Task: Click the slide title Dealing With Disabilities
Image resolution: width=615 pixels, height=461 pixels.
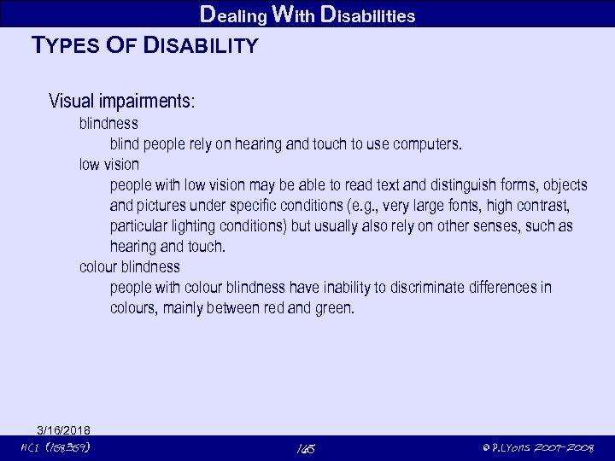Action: pos(307,14)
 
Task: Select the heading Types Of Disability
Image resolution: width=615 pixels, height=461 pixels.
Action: pos(144,46)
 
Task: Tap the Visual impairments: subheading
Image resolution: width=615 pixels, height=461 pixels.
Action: pos(122,102)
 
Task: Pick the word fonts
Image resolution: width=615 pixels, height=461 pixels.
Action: pos(463,207)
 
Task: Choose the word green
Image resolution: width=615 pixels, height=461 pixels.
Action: pos(333,308)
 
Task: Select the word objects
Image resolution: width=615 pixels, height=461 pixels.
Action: pos(560,186)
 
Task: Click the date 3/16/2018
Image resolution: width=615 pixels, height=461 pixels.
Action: pos(64,429)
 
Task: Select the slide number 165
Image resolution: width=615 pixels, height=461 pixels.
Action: pos(307,448)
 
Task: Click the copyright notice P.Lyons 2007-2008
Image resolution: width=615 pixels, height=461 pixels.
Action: pos(537,447)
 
